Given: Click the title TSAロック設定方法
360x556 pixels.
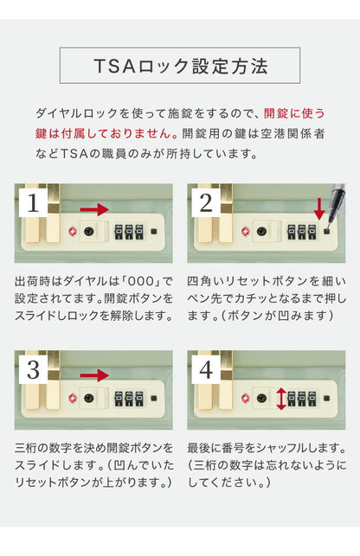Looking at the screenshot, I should (x=180, y=66).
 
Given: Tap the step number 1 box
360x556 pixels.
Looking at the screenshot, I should (x=32, y=204).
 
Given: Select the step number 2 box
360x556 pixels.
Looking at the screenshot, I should (x=205, y=204).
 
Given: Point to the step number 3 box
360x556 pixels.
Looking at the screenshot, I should (x=32, y=371).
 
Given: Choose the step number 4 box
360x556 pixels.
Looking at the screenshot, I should (x=205, y=371).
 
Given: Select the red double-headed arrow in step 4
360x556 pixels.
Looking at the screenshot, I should (x=281, y=399).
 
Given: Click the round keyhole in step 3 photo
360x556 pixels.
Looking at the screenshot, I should (x=89, y=399).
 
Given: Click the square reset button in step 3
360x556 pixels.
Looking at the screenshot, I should (x=152, y=399).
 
